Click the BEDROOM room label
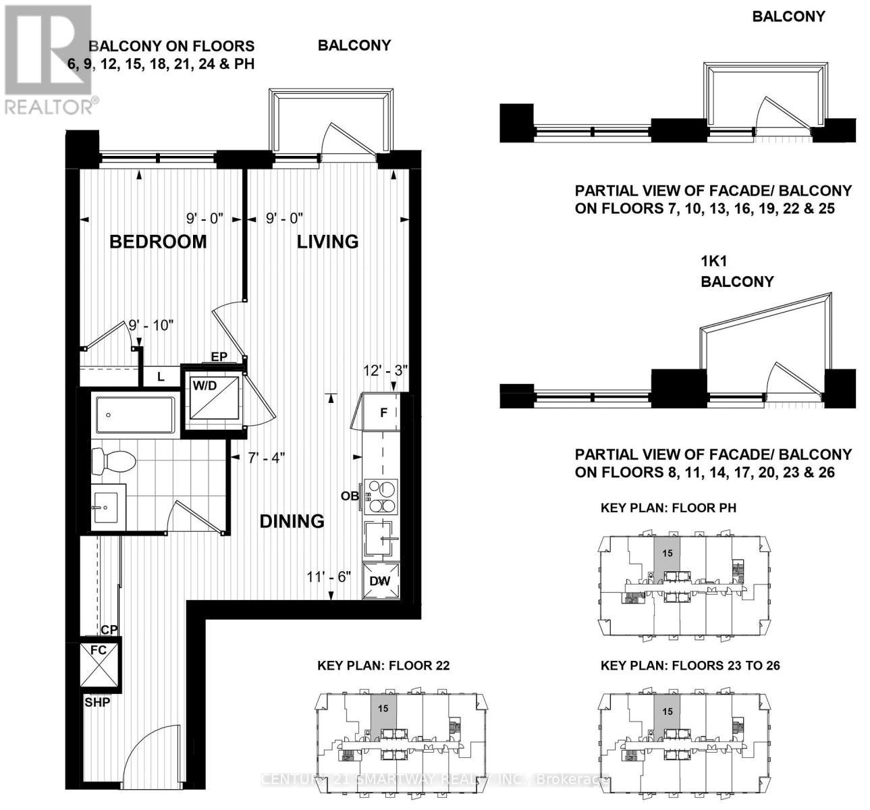(158, 242)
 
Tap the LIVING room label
(327, 242)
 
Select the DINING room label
(292, 521)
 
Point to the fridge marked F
(382, 412)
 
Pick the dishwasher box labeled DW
(382, 580)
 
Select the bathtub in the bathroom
(135, 414)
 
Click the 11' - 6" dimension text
(329, 577)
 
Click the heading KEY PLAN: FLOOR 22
(383, 666)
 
